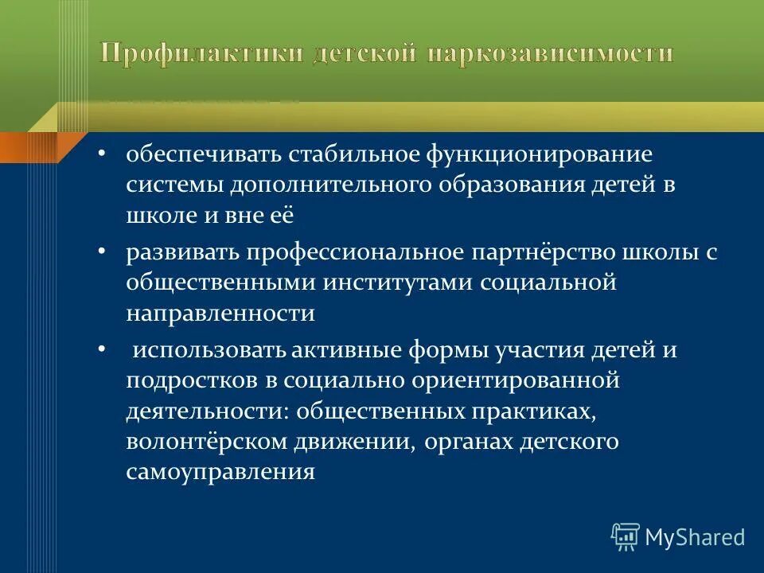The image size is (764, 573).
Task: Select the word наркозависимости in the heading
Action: pyautogui.click(x=549, y=54)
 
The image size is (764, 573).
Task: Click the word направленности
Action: pyautogui.click(x=220, y=314)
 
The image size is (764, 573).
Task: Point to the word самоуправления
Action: pyautogui.click(x=220, y=472)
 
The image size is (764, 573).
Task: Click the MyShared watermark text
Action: pyautogui.click(x=694, y=537)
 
